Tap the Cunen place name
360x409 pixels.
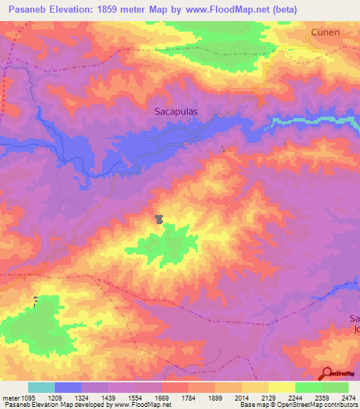326,32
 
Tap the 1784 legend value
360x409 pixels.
188,398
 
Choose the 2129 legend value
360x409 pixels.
268,398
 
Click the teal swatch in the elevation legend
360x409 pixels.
41,387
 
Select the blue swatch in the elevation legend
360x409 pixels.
67,387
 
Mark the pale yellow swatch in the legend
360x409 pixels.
281,387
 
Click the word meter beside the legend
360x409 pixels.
10,398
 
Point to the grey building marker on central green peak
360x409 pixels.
160,219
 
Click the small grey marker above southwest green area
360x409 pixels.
35,301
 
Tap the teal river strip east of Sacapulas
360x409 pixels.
309,121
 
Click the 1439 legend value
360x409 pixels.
108,398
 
